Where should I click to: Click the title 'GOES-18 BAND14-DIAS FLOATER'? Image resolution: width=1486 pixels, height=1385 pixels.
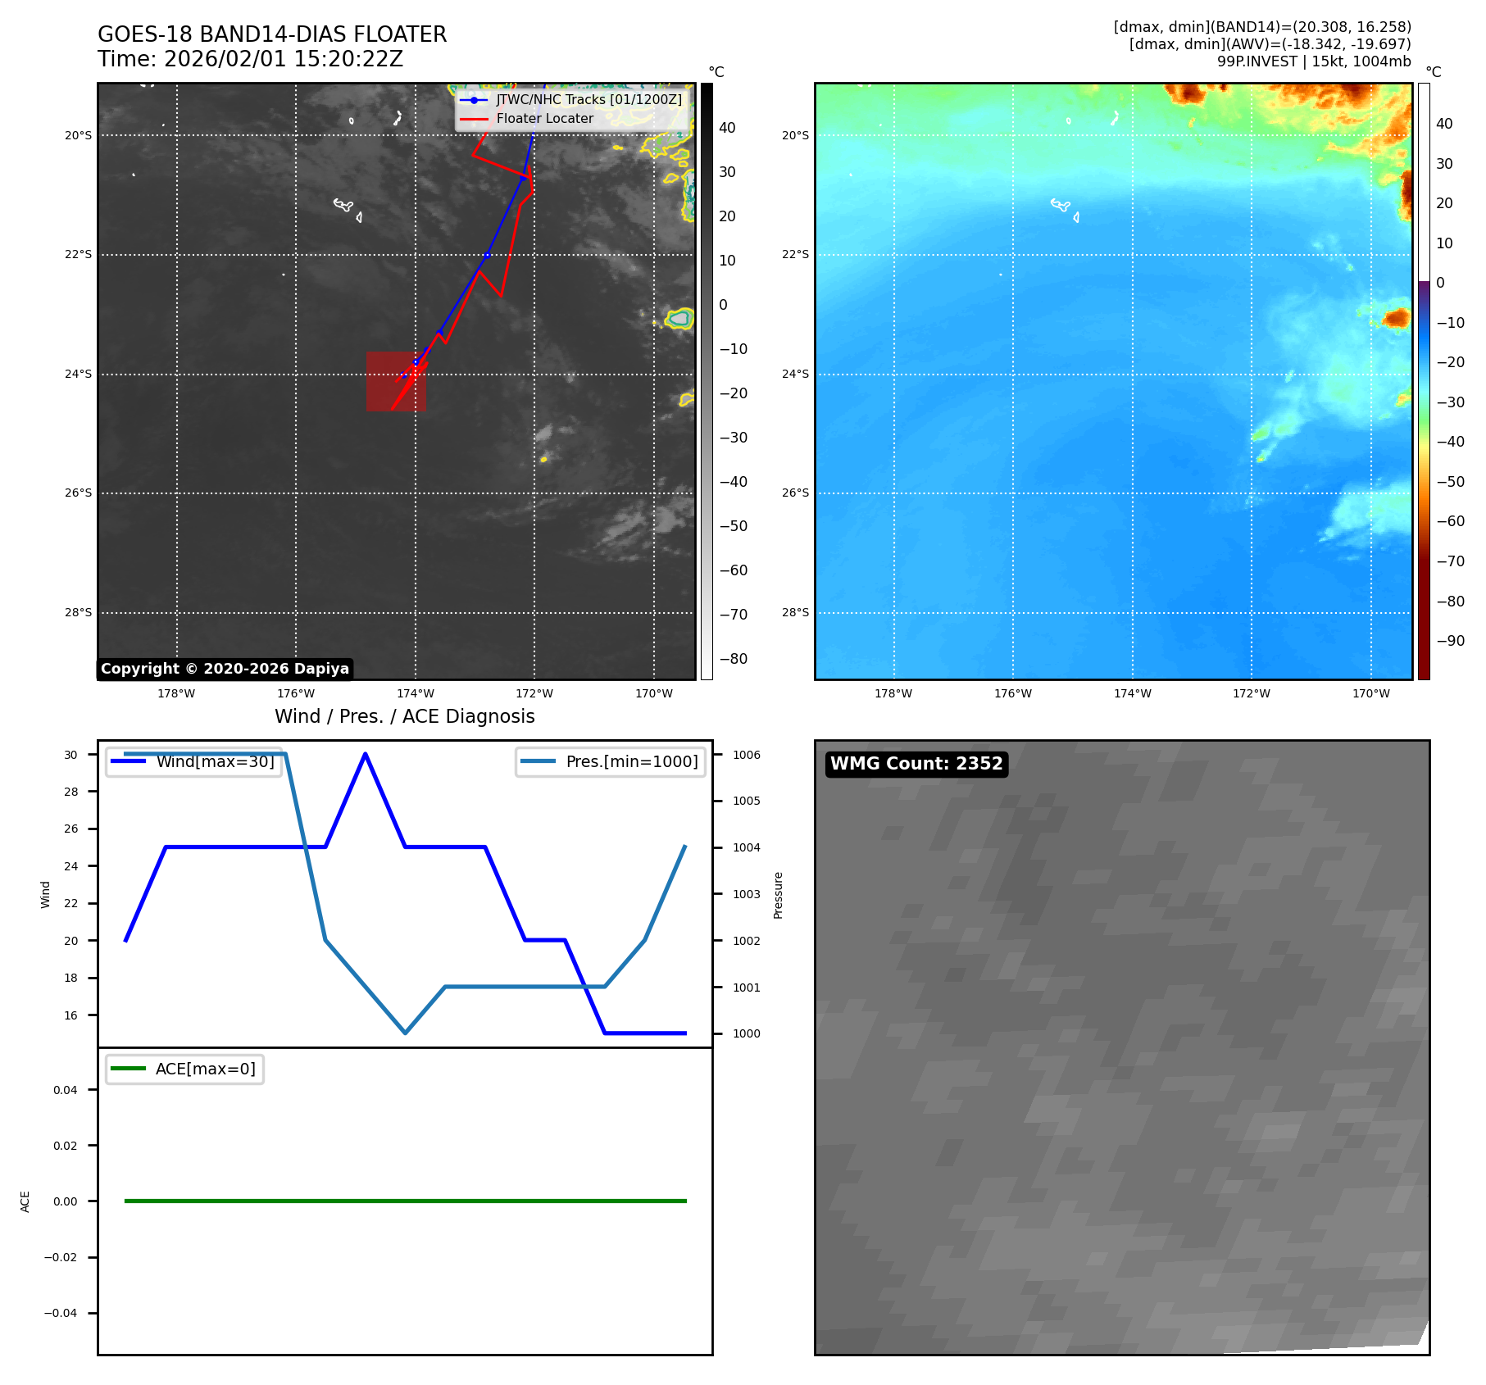272,34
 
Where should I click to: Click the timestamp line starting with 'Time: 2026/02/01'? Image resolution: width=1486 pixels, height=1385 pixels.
250,59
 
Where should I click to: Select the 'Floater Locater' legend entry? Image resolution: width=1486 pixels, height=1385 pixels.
544,118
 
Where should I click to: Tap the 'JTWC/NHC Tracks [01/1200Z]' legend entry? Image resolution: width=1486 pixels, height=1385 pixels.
588,99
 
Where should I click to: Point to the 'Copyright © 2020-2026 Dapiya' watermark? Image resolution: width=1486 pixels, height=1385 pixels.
225,669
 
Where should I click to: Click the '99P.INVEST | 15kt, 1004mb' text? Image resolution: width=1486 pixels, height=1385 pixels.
1314,61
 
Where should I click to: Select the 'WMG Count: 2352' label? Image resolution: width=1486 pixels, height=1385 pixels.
916,764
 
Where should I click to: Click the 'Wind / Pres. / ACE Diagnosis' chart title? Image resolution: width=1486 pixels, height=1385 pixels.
404,716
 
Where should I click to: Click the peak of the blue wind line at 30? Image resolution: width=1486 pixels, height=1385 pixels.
365,754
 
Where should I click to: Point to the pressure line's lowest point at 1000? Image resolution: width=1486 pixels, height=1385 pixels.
405,1033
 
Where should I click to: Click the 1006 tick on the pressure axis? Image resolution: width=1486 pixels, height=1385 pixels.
746,755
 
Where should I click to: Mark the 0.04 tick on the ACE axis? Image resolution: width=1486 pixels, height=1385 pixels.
66,1090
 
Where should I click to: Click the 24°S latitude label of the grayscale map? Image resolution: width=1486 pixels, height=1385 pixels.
79,374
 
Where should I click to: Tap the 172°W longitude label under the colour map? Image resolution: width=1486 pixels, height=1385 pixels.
1251,693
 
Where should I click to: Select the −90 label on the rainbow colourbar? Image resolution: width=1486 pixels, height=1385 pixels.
1450,641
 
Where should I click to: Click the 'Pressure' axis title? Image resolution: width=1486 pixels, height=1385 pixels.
778,895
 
